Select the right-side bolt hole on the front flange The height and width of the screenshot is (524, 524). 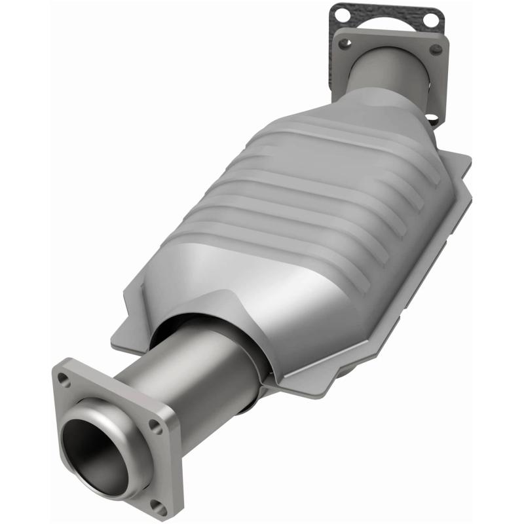pyautogui.click(x=155, y=426)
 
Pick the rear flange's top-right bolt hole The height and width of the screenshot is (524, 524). pyautogui.click(x=434, y=50)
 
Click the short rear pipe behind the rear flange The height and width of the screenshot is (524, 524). pyautogui.click(x=386, y=75)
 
